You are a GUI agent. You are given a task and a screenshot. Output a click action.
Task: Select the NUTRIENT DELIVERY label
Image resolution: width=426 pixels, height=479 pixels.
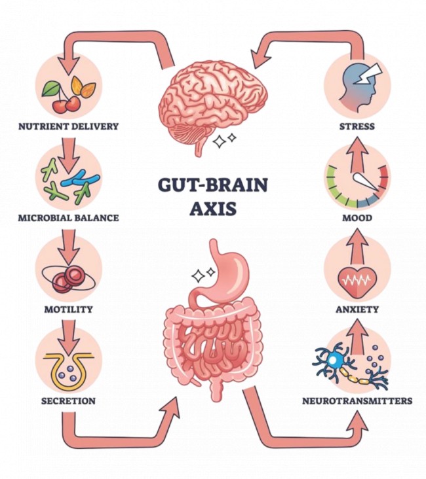click(x=68, y=126)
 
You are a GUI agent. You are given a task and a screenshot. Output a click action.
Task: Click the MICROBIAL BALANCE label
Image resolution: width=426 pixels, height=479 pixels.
click(x=68, y=218)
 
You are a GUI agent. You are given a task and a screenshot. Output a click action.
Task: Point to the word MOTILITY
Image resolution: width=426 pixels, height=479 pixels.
click(x=68, y=309)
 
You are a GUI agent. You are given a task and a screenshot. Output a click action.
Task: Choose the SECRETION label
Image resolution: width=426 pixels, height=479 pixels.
click(x=68, y=400)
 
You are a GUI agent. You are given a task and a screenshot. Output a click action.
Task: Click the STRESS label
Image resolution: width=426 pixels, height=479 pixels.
click(x=357, y=126)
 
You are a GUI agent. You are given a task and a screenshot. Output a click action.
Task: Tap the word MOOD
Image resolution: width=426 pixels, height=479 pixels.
click(x=357, y=218)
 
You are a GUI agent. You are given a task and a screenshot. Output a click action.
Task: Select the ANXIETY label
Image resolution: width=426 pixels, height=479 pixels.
click(x=357, y=309)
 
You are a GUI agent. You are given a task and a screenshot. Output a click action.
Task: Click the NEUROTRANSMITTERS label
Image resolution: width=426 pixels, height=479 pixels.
click(x=357, y=400)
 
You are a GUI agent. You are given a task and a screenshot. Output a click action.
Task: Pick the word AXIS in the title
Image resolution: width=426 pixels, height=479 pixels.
click(x=213, y=208)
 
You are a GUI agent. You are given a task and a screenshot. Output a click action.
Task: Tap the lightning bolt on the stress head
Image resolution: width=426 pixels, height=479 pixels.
click(x=370, y=74)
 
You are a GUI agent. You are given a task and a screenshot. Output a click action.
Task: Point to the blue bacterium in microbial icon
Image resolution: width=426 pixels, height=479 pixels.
click(x=80, y=179)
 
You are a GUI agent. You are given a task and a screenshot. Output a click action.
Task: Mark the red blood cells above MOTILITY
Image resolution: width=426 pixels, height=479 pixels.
click(x=68, y=279)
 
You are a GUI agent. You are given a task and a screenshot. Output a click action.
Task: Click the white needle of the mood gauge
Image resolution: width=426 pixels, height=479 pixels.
click(x=366, y=182)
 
